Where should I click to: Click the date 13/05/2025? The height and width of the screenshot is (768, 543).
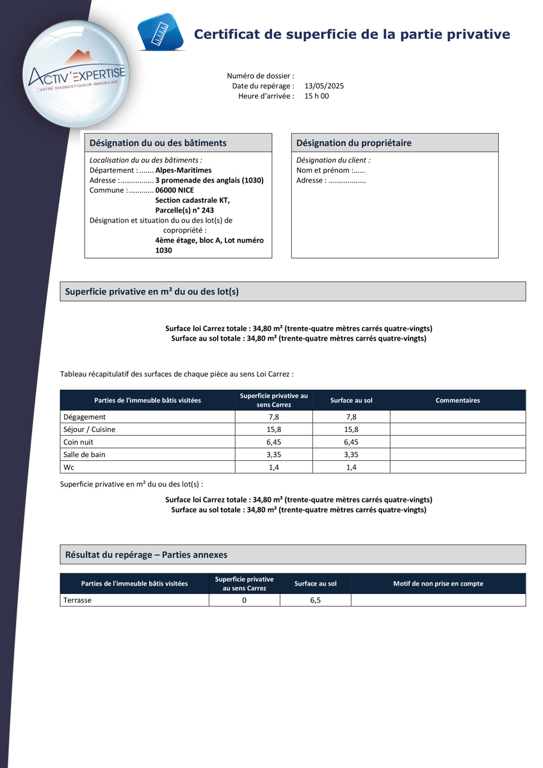pyautogui.click(x=324, y=86)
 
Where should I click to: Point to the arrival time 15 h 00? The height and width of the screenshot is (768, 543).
pyautogui.click(x=316, y=96)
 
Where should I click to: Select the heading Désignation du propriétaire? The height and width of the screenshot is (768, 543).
pyautogui.click(x=353, y=143)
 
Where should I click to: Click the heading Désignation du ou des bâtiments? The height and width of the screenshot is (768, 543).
pyautogui.click(x=158, y=143)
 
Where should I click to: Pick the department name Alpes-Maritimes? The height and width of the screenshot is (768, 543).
pyautogui.click(x=183, y=170)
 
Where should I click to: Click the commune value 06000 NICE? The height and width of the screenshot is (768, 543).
pyautogui.click(x=174, y=190)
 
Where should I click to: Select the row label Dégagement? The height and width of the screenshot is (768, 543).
pyautogui.click(x=85, y=417)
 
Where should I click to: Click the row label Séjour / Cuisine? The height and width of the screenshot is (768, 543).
pyautogui.click(x=90, y=429)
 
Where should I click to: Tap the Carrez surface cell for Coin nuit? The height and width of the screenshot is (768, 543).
pyautogui.click(x=273, y=442)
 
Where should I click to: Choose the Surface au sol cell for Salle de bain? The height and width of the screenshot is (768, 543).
pyautogui.click(x=351, y=454)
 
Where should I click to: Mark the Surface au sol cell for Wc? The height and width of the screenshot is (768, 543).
pyautogui.click(x=351, y=467)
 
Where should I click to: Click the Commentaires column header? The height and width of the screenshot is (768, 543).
pyautogui.click(x=457, y=400)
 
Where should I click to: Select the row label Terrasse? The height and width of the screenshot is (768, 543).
pyautogui.click(x=77, y=600)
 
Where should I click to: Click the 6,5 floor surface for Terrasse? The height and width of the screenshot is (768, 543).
pyautogui.click(x=315, y=600)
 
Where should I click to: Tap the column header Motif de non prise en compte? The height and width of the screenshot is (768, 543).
pyautogui.click(x=438, y=583)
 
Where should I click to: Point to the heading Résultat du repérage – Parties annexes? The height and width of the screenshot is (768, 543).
pyautogui.click(x=146, y=555)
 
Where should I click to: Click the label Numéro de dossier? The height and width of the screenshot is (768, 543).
pyautogui.click(x=261, y=76)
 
